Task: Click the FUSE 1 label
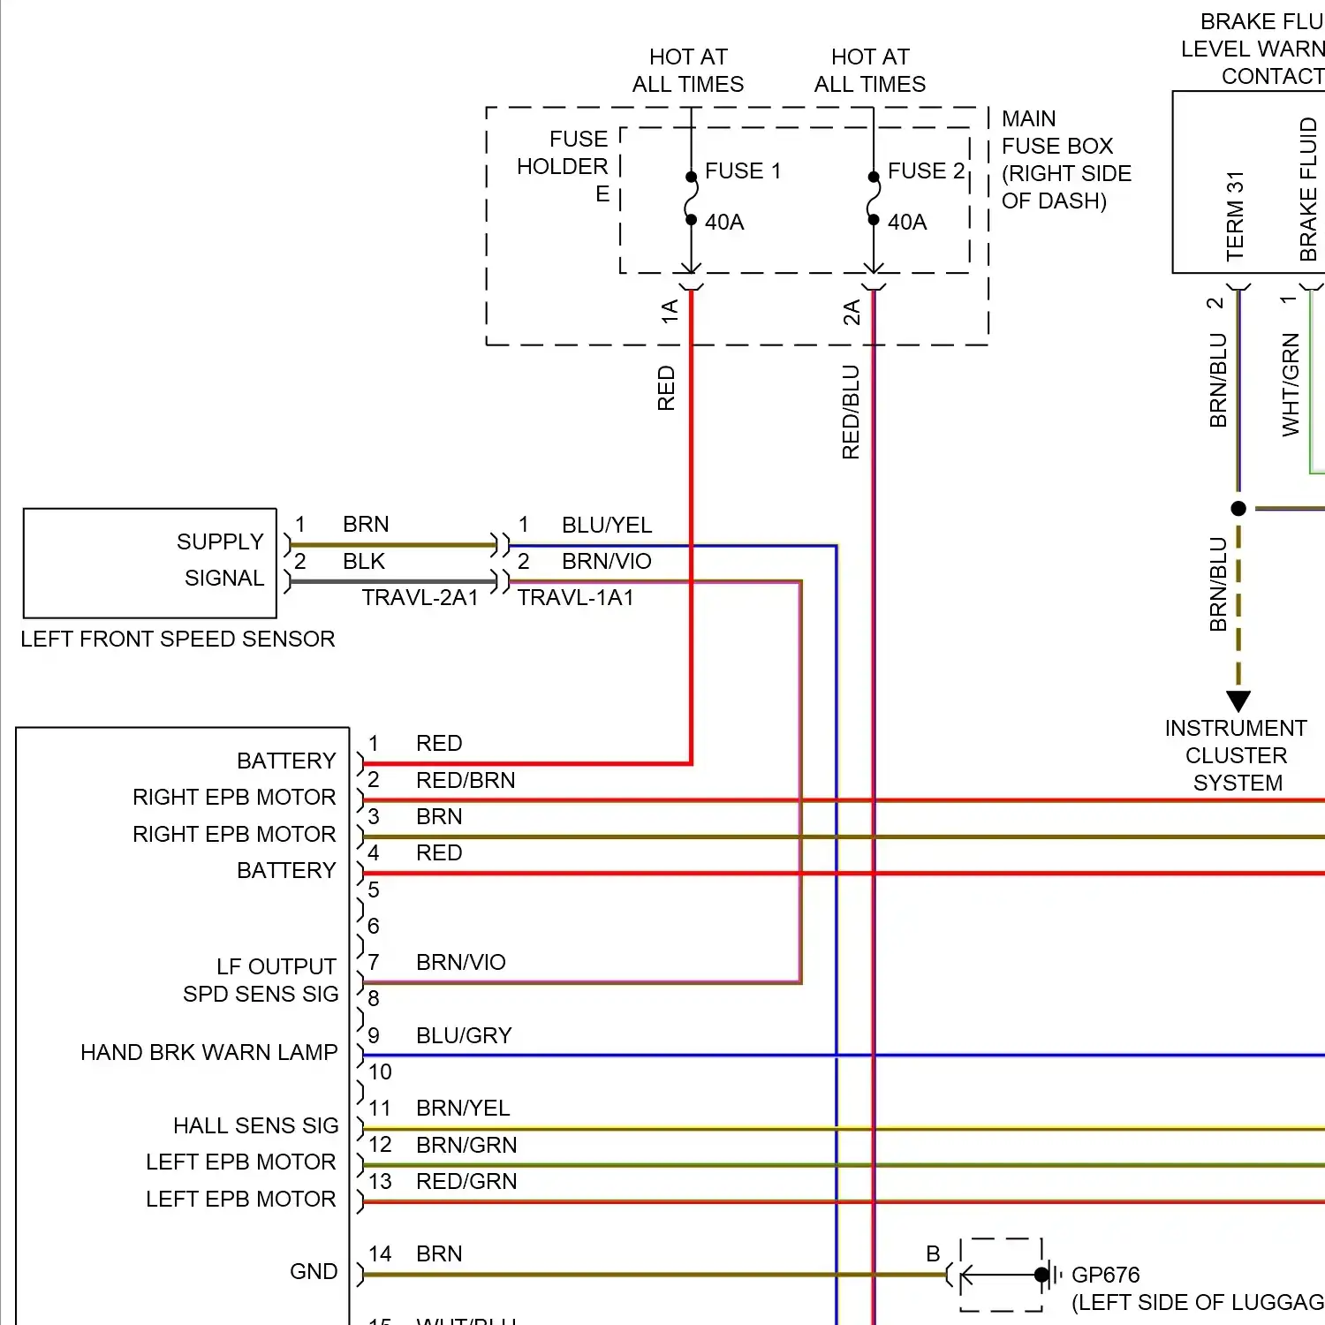[742, 170]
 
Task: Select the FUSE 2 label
[925, 170]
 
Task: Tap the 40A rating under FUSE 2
[907, 222]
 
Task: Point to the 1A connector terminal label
[670, 311]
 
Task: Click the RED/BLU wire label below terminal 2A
[851, 412]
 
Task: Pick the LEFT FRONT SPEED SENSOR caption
[178, 639]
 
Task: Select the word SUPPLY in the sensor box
[220, 541]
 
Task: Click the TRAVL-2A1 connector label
[420, 598]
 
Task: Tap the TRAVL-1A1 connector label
[575, 598]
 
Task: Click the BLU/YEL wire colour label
[607, 525]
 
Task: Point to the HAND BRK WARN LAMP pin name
[209, 1052]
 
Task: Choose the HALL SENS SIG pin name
[255, 1125]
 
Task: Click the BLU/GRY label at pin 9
[464, 1035]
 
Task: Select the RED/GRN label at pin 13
[466, 1181]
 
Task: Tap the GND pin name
[314, 1271]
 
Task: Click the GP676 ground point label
[1105, 1275]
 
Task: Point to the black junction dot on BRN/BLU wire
[1238, 509]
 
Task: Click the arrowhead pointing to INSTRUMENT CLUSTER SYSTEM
[1238, 701]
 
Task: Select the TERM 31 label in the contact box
[1235, 216]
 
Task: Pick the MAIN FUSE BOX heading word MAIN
[1028, 118]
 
